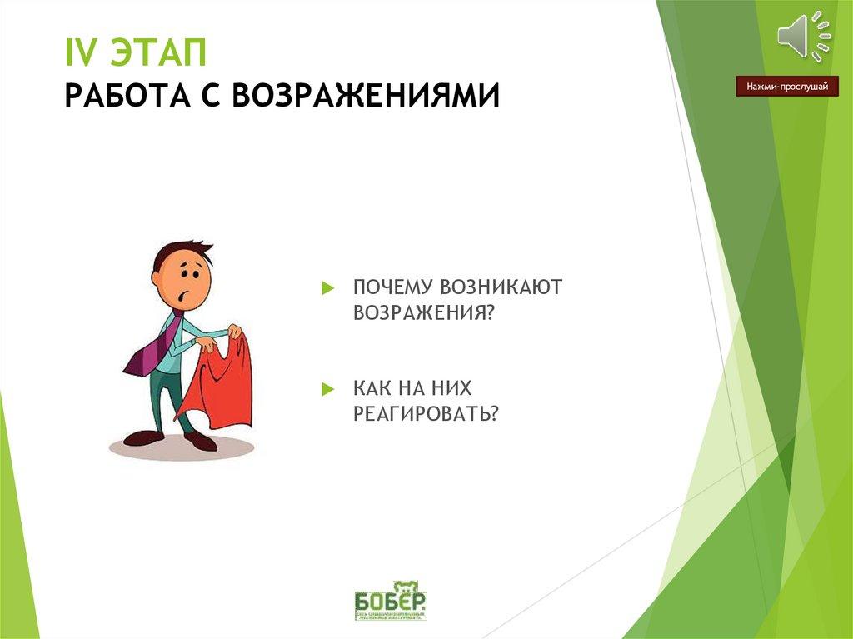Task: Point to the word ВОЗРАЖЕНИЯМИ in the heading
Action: pos(367,94)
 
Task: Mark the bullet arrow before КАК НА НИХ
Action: pos(327,389)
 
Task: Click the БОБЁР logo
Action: pos(390,600)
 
